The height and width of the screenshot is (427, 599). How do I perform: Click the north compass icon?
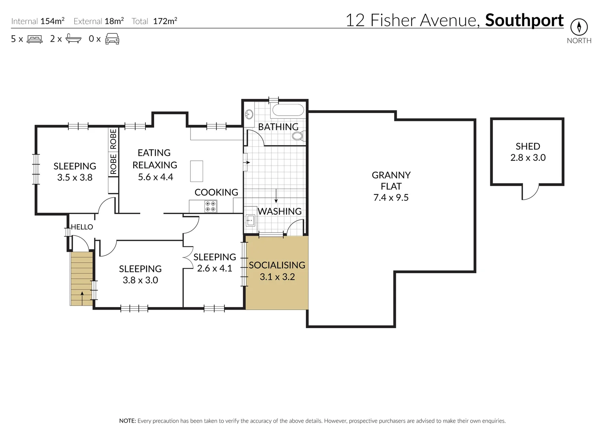tap(579, 27)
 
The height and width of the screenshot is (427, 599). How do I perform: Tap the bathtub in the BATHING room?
tap(288, 110)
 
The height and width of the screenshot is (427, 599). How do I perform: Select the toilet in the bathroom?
tap(298, 136)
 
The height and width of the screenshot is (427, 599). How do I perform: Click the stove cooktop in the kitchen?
tap(210, 206)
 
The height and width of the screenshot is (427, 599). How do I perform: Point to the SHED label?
tap(527, 146)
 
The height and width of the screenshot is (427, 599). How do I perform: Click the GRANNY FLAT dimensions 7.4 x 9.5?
tap(391, 197)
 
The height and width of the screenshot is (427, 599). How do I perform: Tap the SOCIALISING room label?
tap(277, 265)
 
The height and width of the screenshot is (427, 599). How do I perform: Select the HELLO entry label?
tap(82, 227)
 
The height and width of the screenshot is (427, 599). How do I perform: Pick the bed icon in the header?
tap(34, 39)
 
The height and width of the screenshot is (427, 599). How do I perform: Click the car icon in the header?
tap(112, 39)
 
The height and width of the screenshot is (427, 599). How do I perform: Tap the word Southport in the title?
tap(524, 20)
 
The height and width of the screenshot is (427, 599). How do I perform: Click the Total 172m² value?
tap(165, 21)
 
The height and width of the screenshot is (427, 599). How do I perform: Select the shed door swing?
tap(530, 193)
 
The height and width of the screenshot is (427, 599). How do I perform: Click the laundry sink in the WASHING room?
tap(250, 220)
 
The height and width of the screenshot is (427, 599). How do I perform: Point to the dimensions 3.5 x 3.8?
tap(75, 178)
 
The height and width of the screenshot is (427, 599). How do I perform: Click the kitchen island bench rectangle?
tap(196, 171)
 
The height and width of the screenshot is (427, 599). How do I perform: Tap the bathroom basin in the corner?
tap(249, 114)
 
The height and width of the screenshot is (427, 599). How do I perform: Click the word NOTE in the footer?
tap(127, 421)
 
